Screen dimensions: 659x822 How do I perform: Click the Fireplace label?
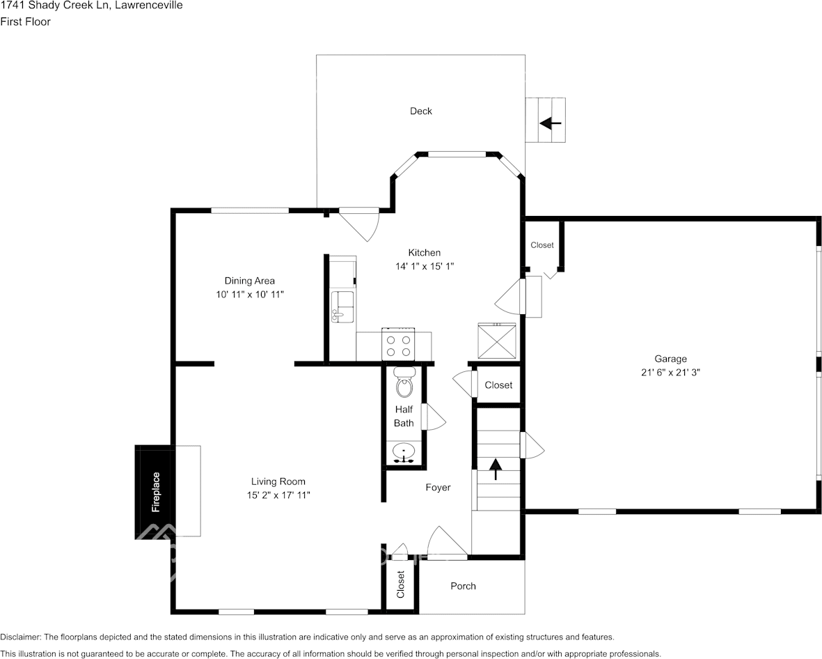(x=156, y=492)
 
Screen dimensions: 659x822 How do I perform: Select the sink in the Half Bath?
(x=404, y=453)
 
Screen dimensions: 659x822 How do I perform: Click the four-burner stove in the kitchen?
(x=398, y=345)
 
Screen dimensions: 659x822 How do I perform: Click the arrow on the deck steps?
(x=550, y=123)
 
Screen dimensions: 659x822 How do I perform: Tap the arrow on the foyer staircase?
(x=496, y=469)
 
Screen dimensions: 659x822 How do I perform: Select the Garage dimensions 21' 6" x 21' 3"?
(x=670, y=372)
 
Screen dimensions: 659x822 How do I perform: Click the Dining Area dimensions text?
(x=250, y=295)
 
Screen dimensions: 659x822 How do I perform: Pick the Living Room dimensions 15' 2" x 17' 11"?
(x=278, y=495)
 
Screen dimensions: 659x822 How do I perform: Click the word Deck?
(x=420, y=111)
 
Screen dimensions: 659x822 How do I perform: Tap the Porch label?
(x=463, y=586)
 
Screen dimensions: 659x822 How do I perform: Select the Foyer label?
(x=438, y=488)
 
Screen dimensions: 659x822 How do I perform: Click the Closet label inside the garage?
(x=542, y=245)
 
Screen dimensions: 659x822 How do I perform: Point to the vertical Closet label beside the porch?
(x=401, y=585)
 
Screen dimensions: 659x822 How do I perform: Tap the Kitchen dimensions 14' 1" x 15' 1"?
(x=424, y=266)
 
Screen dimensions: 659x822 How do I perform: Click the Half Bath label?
(x=404, y=416)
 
